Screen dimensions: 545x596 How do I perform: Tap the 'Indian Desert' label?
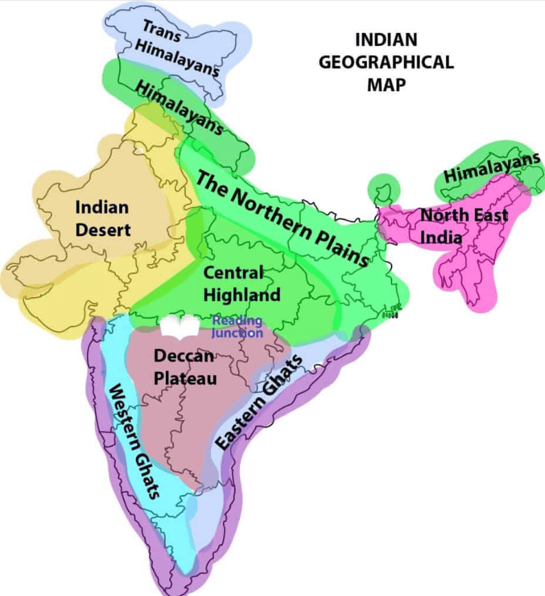(103, 217)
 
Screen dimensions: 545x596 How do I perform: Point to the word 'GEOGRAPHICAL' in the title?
(387, 62)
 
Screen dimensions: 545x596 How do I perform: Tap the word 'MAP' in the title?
(387, 85)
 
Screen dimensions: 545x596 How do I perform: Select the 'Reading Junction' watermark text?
(237, 326)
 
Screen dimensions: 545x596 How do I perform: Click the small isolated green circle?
(383, 188)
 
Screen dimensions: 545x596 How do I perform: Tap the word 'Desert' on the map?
(103, 230)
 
